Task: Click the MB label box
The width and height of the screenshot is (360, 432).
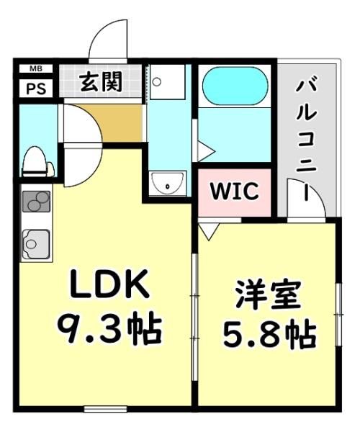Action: (36, 68)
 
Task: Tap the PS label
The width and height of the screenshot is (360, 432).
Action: (36, 89)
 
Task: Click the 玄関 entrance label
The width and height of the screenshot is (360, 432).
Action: (101, 81)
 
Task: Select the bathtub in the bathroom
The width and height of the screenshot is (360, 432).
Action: (235, 86)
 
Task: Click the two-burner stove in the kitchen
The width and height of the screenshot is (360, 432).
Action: (36, 202)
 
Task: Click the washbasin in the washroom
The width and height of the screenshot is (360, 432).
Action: (168, 182)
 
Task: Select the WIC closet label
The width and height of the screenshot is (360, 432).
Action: (235, 191)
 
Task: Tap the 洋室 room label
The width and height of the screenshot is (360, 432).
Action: (267, 294)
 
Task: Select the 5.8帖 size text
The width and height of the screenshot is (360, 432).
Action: (269, 334)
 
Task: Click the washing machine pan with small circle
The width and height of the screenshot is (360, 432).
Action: (167, 82)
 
